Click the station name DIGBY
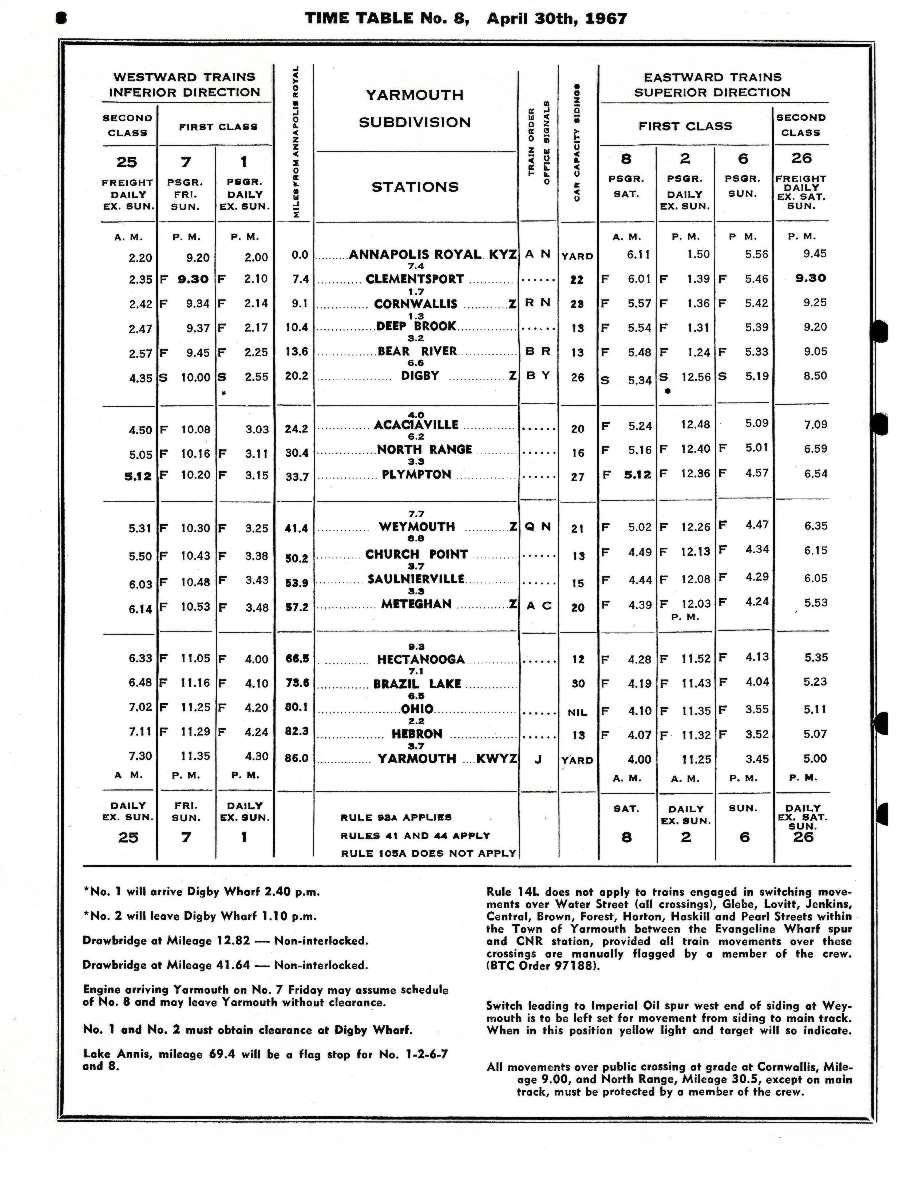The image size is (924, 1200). click(x=420, y=376)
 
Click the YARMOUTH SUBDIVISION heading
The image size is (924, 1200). click(x=414, y=109)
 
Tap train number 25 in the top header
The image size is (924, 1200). click(x=128, y=161)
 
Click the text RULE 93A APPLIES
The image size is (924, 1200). click(x=395, y=816)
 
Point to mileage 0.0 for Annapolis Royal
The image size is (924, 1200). click(x=298, y=255)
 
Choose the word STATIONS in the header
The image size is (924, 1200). click(x=414, y=186)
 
